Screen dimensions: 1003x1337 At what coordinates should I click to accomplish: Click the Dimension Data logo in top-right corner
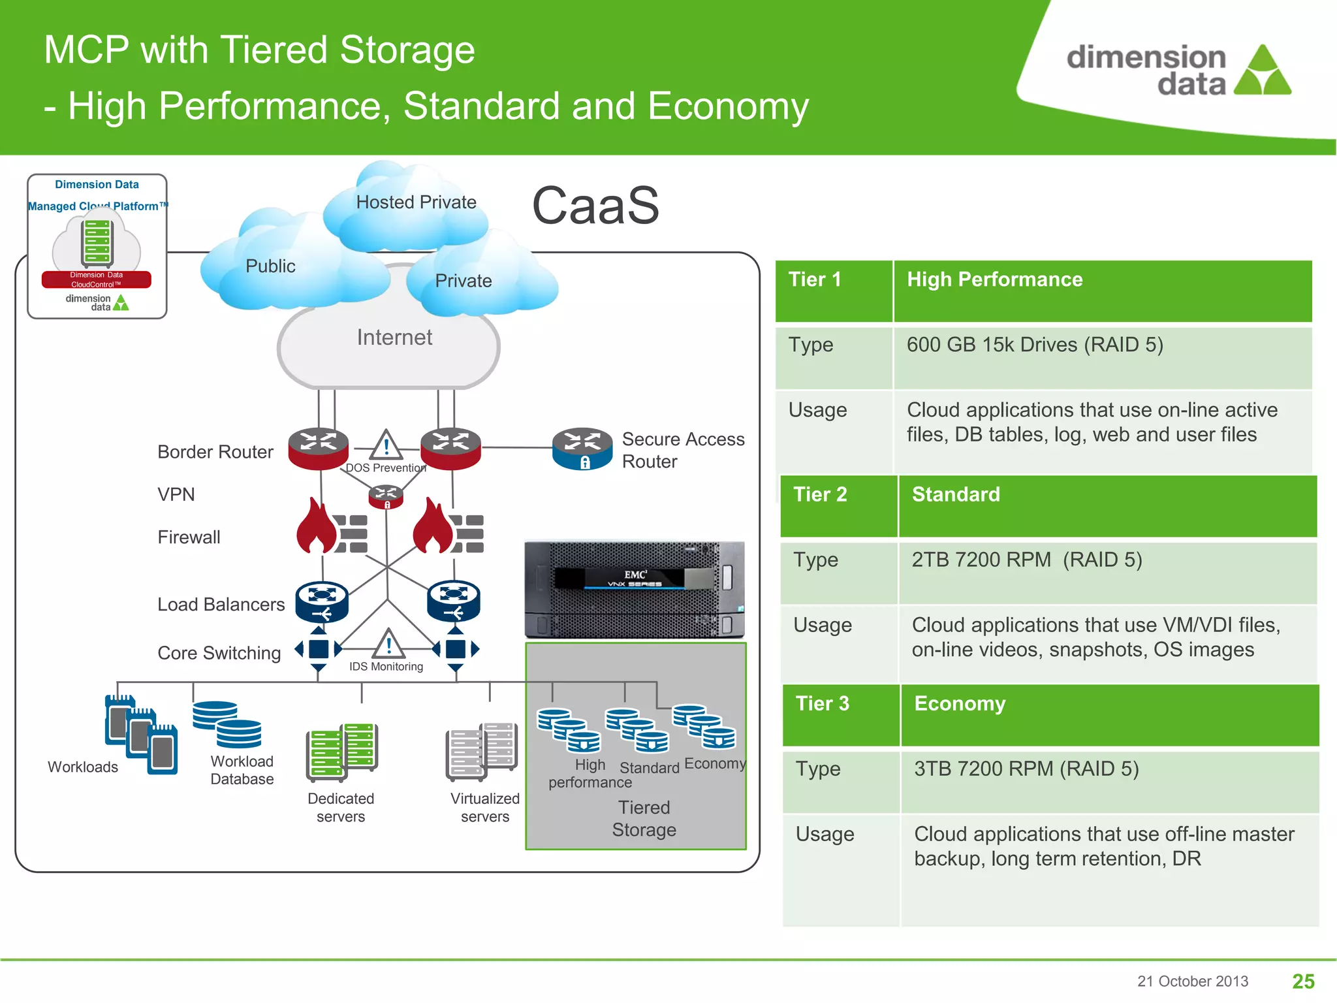pyautogui.click(x=1178, y=71)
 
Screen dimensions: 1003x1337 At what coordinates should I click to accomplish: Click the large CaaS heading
pyautogui.click(x=595, y=206)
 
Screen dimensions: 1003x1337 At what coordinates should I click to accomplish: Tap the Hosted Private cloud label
pyautogui.click(x=416, y=202)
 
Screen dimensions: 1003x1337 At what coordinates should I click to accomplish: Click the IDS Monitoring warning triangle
pyautogui.click(x=389, y=644)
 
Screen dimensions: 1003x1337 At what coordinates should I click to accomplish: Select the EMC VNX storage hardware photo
pyautogui.click(x=635, y=589)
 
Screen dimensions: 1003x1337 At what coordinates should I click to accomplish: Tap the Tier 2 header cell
pyautogui.click(x=838, y=505)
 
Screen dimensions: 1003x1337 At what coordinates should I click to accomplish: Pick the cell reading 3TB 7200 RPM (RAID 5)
pyautogui.click(x=1109, y=781)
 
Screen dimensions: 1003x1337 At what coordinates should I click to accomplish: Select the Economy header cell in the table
pyautogui.click(x=1109, y=714)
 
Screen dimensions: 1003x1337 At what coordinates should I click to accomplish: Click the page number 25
pyautogui.click(x=1303, y=981)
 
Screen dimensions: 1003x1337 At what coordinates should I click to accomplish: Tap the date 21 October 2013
pyautogui.click(x=1192, y=981)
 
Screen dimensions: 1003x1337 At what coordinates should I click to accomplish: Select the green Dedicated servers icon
pyautogui.click(x=341, y=752)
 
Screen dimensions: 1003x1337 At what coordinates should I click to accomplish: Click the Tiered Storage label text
pyautogui.click(x=644, y=819)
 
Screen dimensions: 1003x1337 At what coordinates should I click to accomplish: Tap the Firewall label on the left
pyautogui.click(x=189, y=537)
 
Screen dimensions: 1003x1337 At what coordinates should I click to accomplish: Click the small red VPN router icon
pyautogui.click(x=386, y=496)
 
